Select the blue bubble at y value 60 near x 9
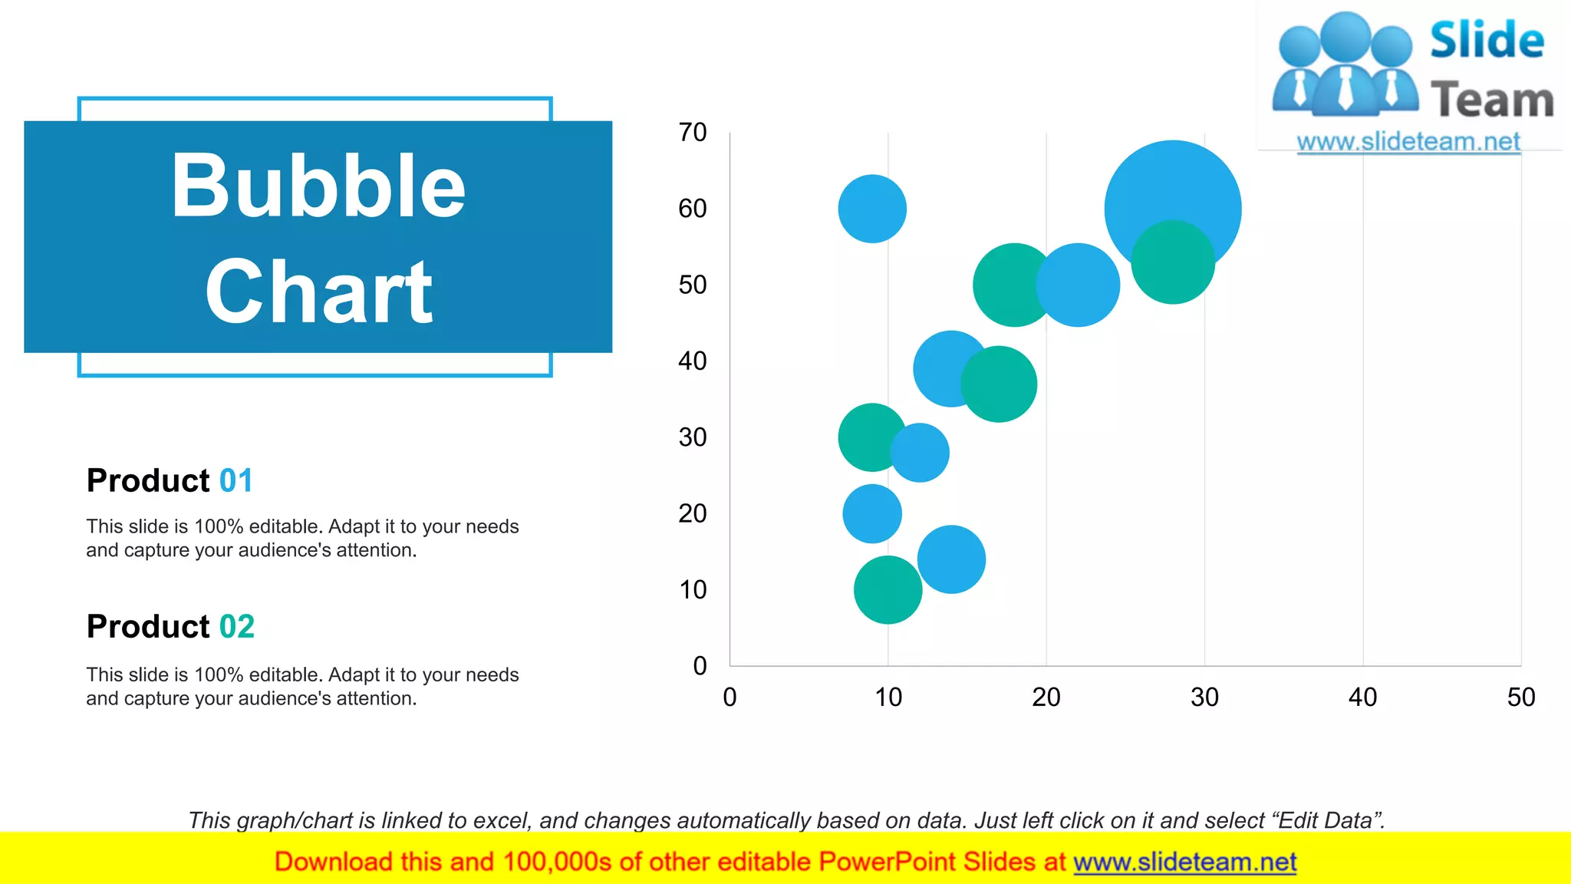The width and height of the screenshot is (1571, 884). [872, 209]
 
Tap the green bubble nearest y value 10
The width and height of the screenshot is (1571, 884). [888, 590]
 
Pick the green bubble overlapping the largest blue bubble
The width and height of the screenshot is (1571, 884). [1173, 263]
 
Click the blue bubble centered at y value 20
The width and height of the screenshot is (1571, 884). [872, 513]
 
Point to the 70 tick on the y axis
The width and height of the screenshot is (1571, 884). [692, 133]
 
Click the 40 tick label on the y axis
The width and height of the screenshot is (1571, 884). [692, 361]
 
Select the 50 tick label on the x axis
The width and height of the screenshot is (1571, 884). [1520, 697]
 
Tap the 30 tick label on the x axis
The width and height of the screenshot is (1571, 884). [1204, 697]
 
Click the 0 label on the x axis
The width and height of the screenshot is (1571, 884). [730, 697]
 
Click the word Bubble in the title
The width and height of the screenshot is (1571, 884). [318, 186]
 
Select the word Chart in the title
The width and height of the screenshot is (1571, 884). [318, 292]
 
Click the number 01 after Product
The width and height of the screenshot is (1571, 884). [235, 481]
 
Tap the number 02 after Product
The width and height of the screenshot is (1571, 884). [236, 627]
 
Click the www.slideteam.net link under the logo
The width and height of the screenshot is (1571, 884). [1408, 142]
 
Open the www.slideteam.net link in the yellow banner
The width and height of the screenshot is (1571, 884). [1184, 862]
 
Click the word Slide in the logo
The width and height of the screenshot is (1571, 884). [1487, 40]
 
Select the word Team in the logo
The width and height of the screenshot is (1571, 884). [1492, 101]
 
